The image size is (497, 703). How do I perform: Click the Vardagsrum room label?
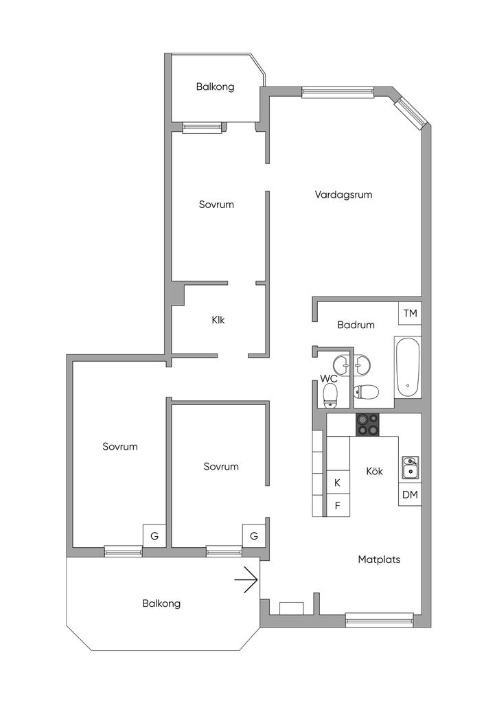point(343,194)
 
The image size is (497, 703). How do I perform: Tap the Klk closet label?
point(218,319)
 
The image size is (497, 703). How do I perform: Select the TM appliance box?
point(410,313)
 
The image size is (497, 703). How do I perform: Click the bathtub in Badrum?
point(407,367)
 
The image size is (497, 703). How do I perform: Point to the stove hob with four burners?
point(367,424)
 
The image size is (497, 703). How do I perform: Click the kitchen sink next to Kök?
point(409,467)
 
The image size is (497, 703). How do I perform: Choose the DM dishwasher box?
point(410,494)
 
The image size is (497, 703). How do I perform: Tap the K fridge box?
point(337,483)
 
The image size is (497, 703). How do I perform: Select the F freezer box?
point(337,506)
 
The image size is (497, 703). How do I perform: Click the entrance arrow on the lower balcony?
point(246,581)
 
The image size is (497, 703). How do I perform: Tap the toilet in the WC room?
point(330,394)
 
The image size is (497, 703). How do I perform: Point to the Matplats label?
point(379,560)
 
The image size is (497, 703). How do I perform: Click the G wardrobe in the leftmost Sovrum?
point(154,535)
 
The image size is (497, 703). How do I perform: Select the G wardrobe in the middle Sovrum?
point(253,535)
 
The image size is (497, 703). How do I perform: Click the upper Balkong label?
point(215,87)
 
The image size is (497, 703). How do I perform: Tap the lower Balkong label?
point(161,603)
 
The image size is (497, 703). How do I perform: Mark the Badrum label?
point(356,325)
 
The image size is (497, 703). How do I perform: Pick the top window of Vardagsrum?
point(338,92)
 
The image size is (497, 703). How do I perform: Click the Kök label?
point(374,472)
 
